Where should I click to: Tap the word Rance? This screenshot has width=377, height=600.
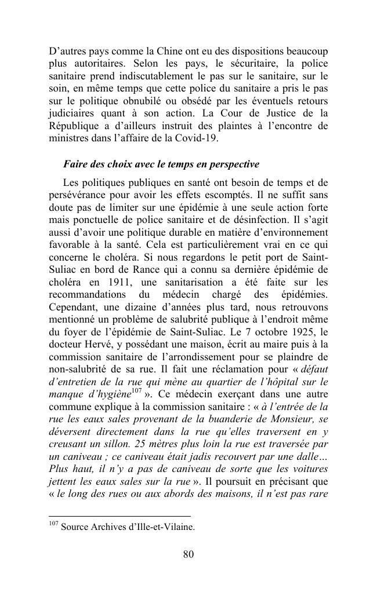[126, 270]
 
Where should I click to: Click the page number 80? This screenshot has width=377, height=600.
[188, 555]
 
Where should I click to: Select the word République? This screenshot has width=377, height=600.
[75, 126]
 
